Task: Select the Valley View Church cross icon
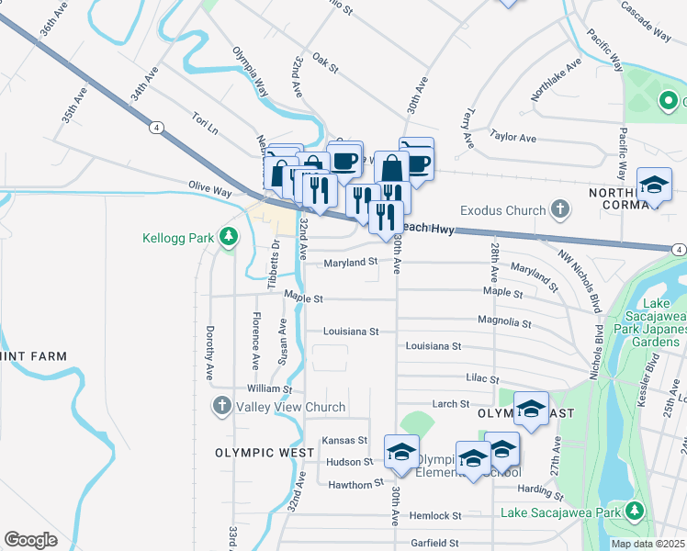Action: [x=221, y=406]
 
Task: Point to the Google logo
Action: [x=30, y=540]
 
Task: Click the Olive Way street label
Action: [x=210, y=189]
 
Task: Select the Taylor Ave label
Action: [x=513, y=137]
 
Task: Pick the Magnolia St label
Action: [x=504, y=322]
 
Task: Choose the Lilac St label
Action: [x=481, y=378]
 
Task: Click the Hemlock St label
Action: [x=435, y=516]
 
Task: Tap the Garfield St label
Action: [x=435, y=543]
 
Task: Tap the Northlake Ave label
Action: [x=556, y=81]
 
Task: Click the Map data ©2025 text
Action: [x=648, y=544]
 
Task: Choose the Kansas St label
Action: [x=344, y=441]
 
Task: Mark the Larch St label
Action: [x=450, y=404]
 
